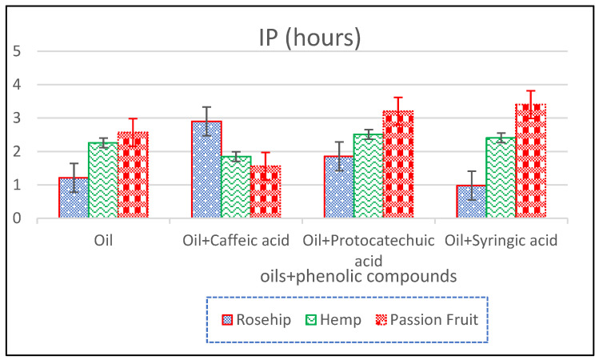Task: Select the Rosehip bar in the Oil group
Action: (x=73, y=198)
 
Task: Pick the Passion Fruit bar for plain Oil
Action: (x=133, y=175)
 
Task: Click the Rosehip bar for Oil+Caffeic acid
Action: (x=206, y=170)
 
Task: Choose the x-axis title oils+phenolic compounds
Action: (x=358, y=276)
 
